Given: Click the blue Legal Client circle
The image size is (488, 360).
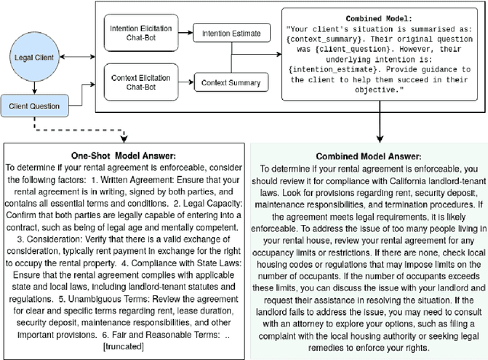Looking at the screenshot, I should coord(33,57).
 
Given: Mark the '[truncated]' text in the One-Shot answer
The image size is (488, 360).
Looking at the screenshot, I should coord(125,347).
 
